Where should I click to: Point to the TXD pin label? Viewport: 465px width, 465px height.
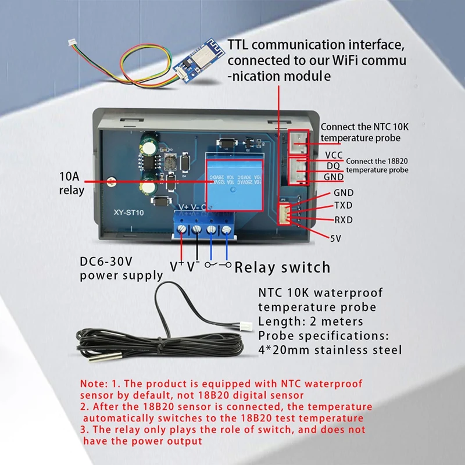[x=343, y=206]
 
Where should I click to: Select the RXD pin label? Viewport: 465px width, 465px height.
[x=343, y=220]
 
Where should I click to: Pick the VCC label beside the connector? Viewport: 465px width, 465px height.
[x=334, y=155]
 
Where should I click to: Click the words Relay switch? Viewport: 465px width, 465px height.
[x=282, y=267]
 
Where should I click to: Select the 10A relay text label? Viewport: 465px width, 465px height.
[x=72, y=184]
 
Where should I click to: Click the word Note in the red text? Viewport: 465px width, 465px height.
[x=92, y=384]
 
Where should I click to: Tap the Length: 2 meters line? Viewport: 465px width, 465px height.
[x=310, y=321]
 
